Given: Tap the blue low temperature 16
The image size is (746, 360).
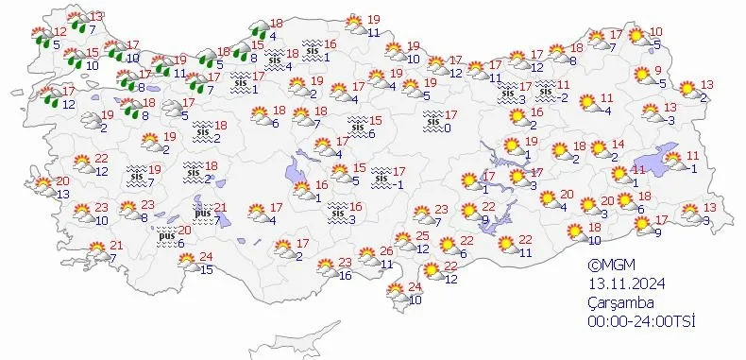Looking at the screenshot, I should [345, 275].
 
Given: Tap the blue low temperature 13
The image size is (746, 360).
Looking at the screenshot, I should [63, 194].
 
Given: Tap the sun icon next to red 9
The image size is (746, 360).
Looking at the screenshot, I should [641, 77].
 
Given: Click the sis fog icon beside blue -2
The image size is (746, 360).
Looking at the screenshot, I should [546, 90].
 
